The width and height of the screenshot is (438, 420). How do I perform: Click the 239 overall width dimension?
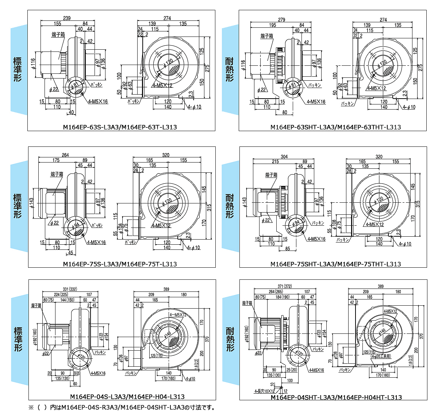[x=67, y=18]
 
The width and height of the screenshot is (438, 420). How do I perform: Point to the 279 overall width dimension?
[x=281, y=20]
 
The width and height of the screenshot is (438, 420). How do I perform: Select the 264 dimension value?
[x=65, y=155]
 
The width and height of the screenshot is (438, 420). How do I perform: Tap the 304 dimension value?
[x=284, y=157]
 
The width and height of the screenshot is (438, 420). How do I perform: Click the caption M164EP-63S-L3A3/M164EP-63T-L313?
[x=120, y=127]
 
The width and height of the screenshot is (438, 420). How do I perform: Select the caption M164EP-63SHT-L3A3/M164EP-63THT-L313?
[x=335, y=127]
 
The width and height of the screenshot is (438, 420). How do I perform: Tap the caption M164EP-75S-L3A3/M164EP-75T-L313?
[x=120, y=264]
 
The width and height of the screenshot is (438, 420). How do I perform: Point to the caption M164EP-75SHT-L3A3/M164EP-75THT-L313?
[x=335, y=264]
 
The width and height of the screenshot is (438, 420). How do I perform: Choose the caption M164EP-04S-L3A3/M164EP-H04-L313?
[x=127, y=397]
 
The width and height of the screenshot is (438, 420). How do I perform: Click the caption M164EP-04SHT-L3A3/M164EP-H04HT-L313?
[x=336, y=397]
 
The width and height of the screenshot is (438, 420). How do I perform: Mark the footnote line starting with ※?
[x=122, y=407]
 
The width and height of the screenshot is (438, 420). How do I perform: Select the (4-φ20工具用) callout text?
[x=380, y=356]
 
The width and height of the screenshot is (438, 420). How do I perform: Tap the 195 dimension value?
[x=272, y=25]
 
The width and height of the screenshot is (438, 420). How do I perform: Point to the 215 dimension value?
[x=275, y=161]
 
